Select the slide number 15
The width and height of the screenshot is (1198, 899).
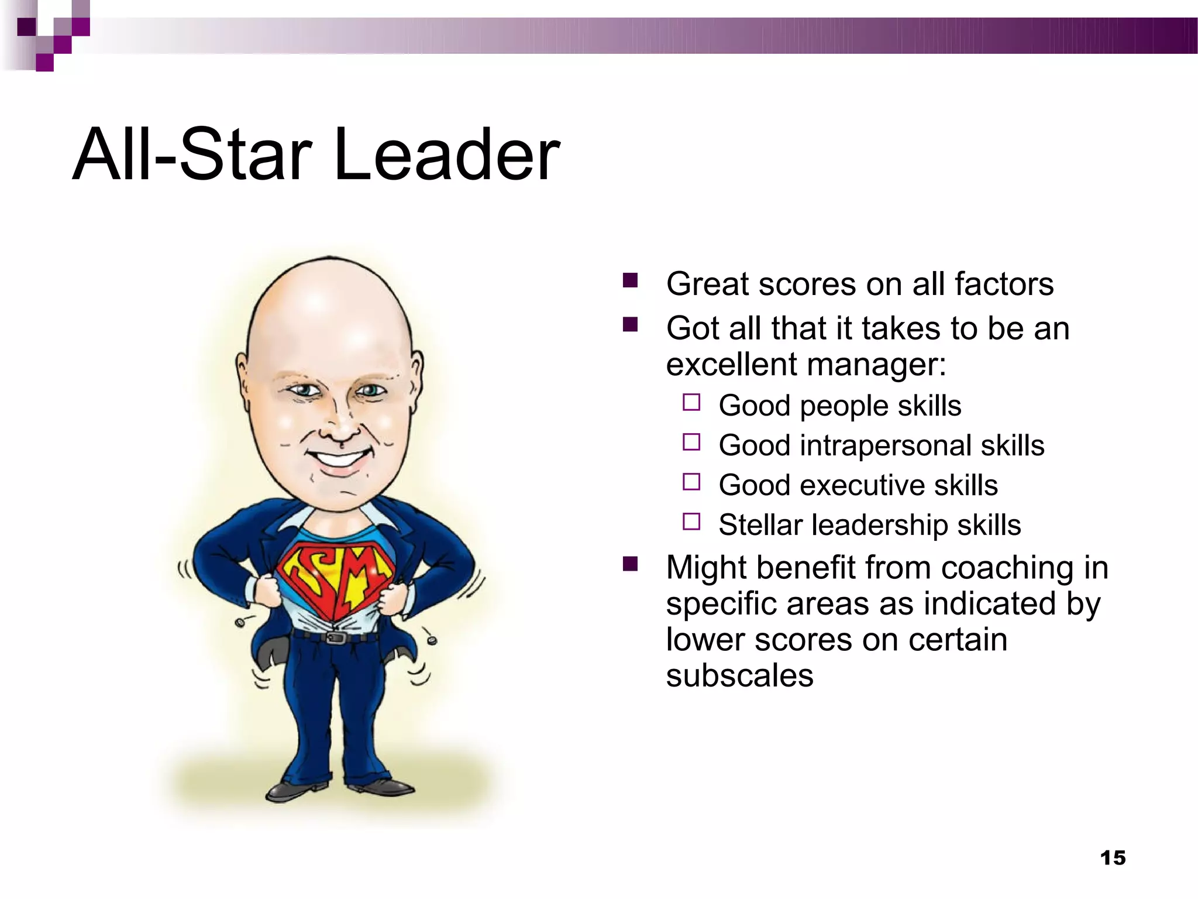point(1113,858)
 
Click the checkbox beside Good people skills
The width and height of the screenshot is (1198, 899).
point(691,403)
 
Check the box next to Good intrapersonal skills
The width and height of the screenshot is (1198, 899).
point(691,442)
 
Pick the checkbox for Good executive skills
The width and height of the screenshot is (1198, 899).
point(691,482)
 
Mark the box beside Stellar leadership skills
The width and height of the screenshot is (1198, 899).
point(691,521)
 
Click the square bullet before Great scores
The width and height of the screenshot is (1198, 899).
point(630,281)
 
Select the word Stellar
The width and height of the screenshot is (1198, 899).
point(760,525)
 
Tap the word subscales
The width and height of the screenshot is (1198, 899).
point(739,676)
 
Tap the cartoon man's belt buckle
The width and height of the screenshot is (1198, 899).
point(335,637)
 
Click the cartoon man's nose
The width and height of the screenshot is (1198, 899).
point(339,430)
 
